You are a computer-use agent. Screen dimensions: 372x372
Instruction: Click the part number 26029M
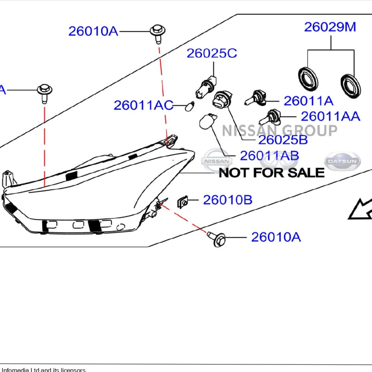click(330, 27)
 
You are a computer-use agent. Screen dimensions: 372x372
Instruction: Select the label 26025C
click(212, 54)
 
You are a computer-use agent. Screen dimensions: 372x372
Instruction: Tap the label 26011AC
click(143, 105)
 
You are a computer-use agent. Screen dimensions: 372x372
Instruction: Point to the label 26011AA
click(330, 117)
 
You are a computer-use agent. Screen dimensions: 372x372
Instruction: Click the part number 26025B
click(283, 140)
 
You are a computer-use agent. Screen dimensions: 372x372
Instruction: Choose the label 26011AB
click(269, 156)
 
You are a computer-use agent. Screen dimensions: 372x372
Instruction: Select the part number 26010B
click(228, 200)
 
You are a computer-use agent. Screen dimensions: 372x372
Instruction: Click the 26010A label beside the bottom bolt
click(276, 237)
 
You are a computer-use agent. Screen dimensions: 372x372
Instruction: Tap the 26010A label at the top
click(93, 32)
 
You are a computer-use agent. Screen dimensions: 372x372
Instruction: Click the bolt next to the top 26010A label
click(158, 32)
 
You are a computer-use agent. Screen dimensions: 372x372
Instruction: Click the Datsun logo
click(342, 162)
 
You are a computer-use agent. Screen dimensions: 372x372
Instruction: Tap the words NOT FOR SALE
click(271, 173)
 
